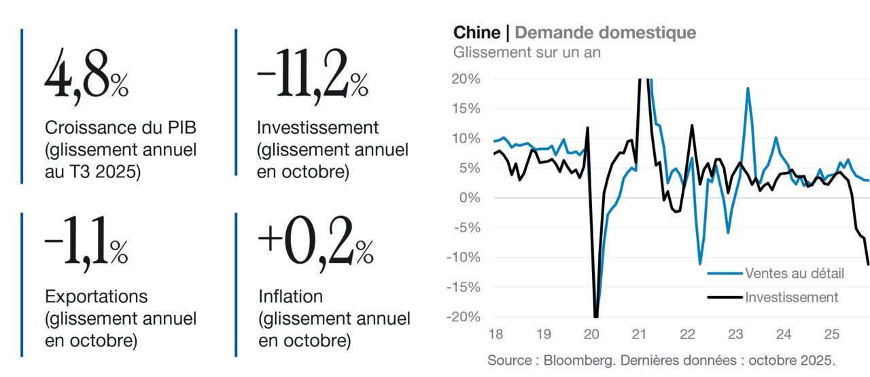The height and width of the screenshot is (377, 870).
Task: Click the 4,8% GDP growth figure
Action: pyautogui.click(x=86, y=75)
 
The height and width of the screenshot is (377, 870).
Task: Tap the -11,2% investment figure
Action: pyautogui.click(x=313, y=75)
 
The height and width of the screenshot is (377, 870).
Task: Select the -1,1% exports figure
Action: pyautogui.click(x=86, y=243)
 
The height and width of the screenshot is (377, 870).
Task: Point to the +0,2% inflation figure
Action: pyautogui.click(x=316, y=243)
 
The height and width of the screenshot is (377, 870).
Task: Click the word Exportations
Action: pyautogui.click(x=97, y=297)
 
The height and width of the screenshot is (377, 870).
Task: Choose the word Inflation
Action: pyautogui.click(x=290, y=297)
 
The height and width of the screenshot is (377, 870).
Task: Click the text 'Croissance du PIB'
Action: pyautogui.click(x=120, y=128)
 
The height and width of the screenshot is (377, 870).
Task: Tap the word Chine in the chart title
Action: pyautogui.click(x=477, y=33)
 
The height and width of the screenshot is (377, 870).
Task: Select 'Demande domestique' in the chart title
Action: pyautogui.click(x=606, y=33)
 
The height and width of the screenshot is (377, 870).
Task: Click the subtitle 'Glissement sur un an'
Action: pyautogui.click(x=527, y=52)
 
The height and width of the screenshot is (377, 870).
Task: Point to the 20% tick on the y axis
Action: pyautogui.click(x=466, y=79)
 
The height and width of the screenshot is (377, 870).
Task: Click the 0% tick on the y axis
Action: pyautogui.click(x=470, y=198)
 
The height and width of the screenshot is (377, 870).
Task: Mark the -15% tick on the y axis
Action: pyautogui.click(x=464, y=287)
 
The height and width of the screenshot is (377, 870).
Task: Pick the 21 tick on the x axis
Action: pyautogui.click(x=639, y=334)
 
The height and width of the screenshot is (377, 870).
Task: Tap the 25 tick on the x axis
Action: pyautogui.click(x=831, y=334)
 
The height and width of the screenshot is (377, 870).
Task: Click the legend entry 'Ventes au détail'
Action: pyautogui.click(x=776, y=273)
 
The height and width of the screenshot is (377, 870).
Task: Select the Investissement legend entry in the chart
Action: pyautogui.click(x=773, y=298)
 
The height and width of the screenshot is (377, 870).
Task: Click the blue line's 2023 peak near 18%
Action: pyautogui.click(x=748, y=88)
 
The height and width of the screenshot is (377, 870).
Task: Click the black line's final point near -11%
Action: pyautogui.click(x=868, y=264)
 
